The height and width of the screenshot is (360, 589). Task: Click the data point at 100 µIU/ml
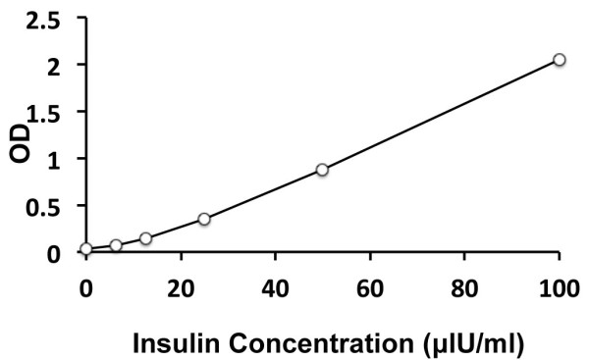pos(559,60)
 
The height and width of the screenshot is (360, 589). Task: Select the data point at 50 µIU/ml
pos(322,170)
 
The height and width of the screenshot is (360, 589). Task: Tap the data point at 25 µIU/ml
pos(204,219)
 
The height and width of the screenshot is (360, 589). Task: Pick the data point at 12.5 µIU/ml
pos(145,238)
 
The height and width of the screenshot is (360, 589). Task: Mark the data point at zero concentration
pos(86,249)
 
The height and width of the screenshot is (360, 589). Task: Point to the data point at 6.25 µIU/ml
pos(116,245)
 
